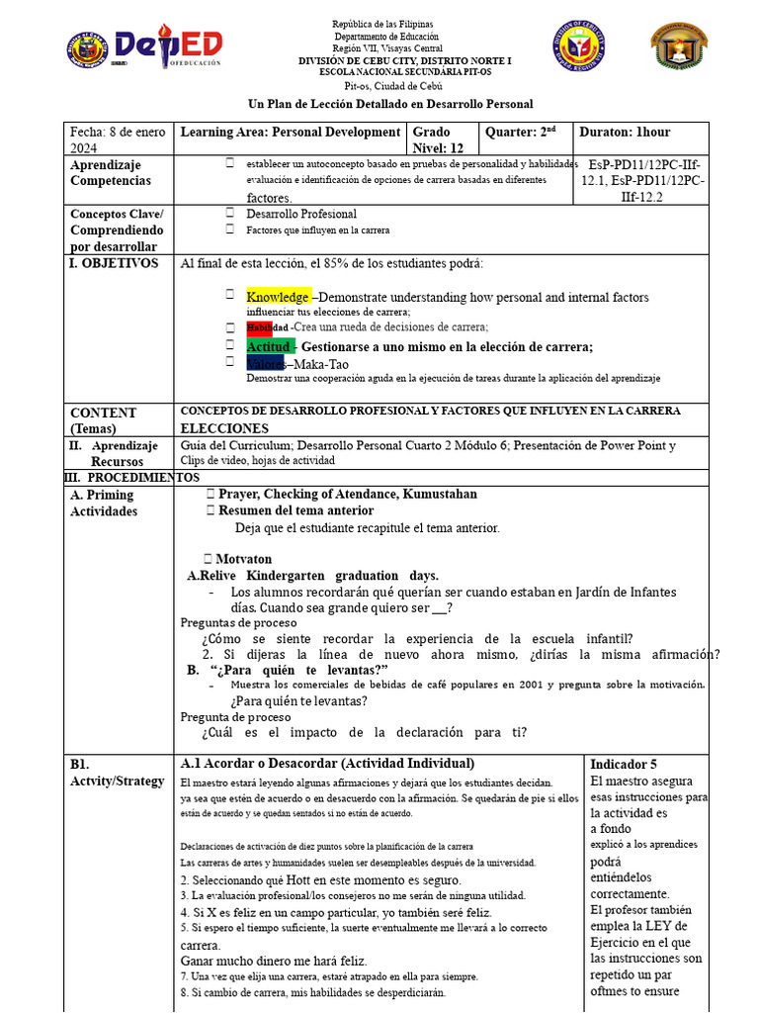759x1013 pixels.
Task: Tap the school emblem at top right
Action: [678, 46]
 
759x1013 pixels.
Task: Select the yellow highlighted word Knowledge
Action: [279, 297]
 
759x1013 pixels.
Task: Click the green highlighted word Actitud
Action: [269, 347]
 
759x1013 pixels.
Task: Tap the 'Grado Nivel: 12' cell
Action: [441, 139]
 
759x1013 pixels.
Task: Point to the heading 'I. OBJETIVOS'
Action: [114, 263]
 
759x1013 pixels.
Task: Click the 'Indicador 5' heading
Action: [624, 765]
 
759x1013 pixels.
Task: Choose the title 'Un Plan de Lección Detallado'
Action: [389, 104]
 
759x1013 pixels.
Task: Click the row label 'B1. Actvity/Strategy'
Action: [117, 773]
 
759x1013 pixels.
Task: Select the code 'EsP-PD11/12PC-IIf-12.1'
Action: [646, 172]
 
